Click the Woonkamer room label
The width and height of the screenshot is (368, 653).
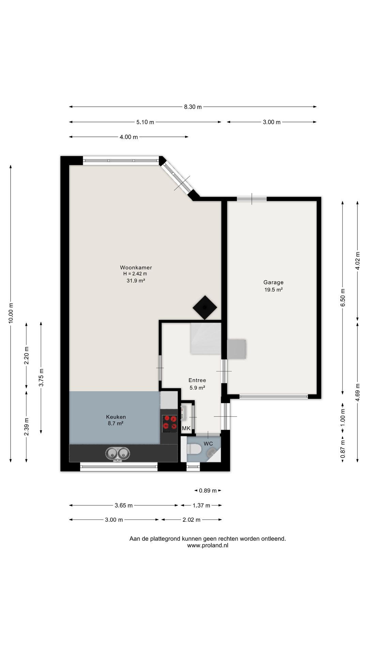tap(136, 268)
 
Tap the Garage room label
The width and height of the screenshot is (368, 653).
tap(273, 282)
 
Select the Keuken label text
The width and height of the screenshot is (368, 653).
tap(116, 417)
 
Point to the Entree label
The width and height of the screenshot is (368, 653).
tap(197, 380)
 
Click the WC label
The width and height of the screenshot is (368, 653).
tap(208, 443)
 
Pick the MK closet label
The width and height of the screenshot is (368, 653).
tap(186, 429)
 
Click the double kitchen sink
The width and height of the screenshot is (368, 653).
tap(118, 454)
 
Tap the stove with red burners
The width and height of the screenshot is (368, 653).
tap(170, 422)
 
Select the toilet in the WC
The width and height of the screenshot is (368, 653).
tap(194, 449)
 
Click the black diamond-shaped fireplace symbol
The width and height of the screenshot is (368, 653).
tap(205, 307)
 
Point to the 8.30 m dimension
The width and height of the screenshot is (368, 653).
tap(193, 107)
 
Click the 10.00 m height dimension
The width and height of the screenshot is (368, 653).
tap(11, 313)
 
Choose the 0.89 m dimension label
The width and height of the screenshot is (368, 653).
tap(208, 490)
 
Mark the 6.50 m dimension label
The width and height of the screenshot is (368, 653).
tap(343, 298)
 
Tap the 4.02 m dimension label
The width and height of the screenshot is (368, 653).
tap(357, 261)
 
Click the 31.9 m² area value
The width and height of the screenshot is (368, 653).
tap(136, 281)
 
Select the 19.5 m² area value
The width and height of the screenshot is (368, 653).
tap(274, 290)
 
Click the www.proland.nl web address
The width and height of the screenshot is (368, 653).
tap(208, 545)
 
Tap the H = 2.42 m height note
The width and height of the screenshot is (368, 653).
tap(135, 274)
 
